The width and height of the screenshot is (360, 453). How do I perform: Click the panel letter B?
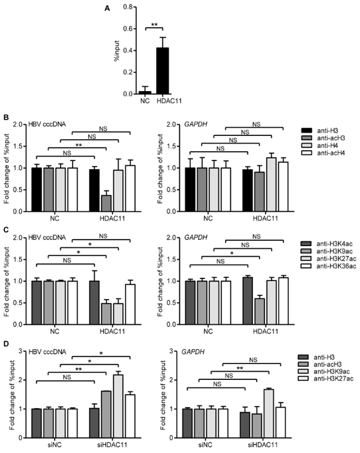tap(6, 117)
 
